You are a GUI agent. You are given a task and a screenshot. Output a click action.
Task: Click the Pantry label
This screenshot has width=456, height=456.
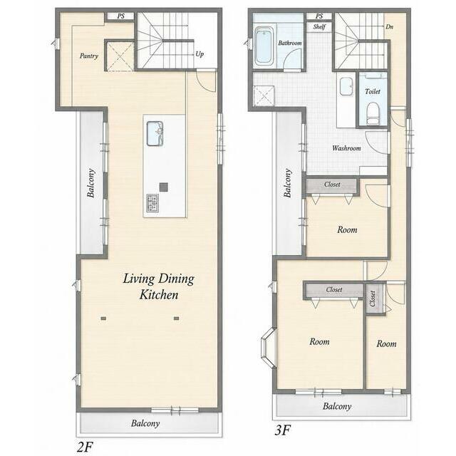89,56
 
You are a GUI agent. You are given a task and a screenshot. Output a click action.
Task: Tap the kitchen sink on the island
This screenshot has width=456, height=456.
155,133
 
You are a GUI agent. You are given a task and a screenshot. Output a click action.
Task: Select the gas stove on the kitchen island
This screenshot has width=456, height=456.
152,202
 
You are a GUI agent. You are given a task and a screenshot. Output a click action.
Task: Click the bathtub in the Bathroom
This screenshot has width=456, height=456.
264,46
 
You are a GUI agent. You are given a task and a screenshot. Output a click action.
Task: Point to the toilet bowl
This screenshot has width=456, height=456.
373,114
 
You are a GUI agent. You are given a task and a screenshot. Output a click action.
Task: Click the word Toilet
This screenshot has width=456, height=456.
373,91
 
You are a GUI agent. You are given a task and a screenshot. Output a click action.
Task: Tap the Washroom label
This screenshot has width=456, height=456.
346,148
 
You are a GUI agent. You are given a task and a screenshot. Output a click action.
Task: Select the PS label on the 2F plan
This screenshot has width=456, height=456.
120,16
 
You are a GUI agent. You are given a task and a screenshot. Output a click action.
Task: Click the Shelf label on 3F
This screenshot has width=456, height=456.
319,27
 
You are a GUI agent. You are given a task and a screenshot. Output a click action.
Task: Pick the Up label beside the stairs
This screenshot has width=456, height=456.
199,54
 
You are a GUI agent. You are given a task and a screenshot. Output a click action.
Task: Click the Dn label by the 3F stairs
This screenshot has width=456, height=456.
390,27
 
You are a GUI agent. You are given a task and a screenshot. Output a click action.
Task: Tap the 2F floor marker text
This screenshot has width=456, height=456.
85,447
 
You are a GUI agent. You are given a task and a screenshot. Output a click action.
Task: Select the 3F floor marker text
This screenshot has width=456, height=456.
283,430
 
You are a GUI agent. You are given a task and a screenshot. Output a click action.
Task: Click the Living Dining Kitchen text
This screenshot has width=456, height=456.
158,286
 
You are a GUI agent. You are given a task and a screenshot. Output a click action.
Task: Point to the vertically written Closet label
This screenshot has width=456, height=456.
373,299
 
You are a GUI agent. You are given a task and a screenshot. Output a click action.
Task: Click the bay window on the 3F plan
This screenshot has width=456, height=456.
269,348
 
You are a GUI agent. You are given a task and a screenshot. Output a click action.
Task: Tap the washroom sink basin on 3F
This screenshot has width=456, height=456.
346,86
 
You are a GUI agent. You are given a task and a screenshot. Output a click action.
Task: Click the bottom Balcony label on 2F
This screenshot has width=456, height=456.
145,423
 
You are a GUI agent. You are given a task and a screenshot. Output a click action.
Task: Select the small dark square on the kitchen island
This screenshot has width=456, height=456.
164,187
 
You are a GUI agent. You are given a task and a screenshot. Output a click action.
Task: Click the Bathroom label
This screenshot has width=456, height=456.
290,43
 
